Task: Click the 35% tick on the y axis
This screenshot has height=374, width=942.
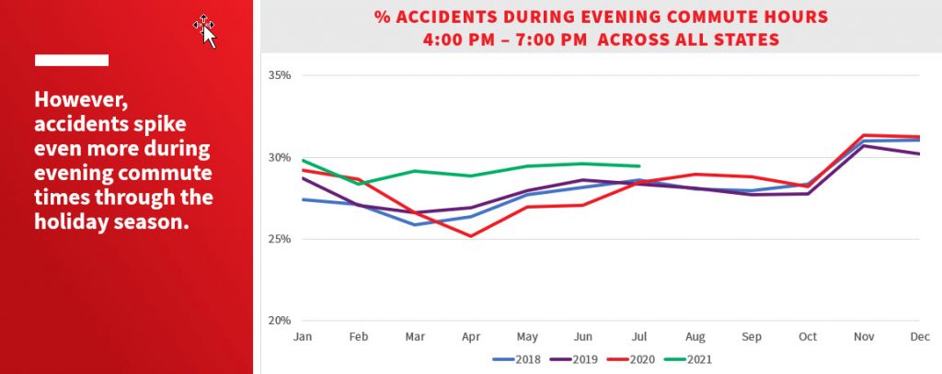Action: click(280, 75)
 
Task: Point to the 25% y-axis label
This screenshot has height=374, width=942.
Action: click(280, 239)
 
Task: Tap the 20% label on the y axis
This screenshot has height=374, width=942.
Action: click(280, 321)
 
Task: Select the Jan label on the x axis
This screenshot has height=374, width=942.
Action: click(301, 337)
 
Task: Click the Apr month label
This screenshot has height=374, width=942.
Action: click(470, 337)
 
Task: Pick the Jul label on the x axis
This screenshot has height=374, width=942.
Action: click(638, 337)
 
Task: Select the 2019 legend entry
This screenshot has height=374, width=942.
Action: click(575, 360)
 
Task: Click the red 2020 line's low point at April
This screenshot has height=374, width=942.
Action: click(470, 236)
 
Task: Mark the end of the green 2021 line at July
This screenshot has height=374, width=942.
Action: click(639, 166)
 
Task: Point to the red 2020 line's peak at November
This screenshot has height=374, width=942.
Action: click(863, 135)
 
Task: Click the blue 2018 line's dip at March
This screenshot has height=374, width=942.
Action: click(414, 224)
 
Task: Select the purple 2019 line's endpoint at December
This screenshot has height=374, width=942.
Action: click(918, 153)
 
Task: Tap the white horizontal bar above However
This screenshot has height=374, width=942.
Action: click(72, 61)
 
